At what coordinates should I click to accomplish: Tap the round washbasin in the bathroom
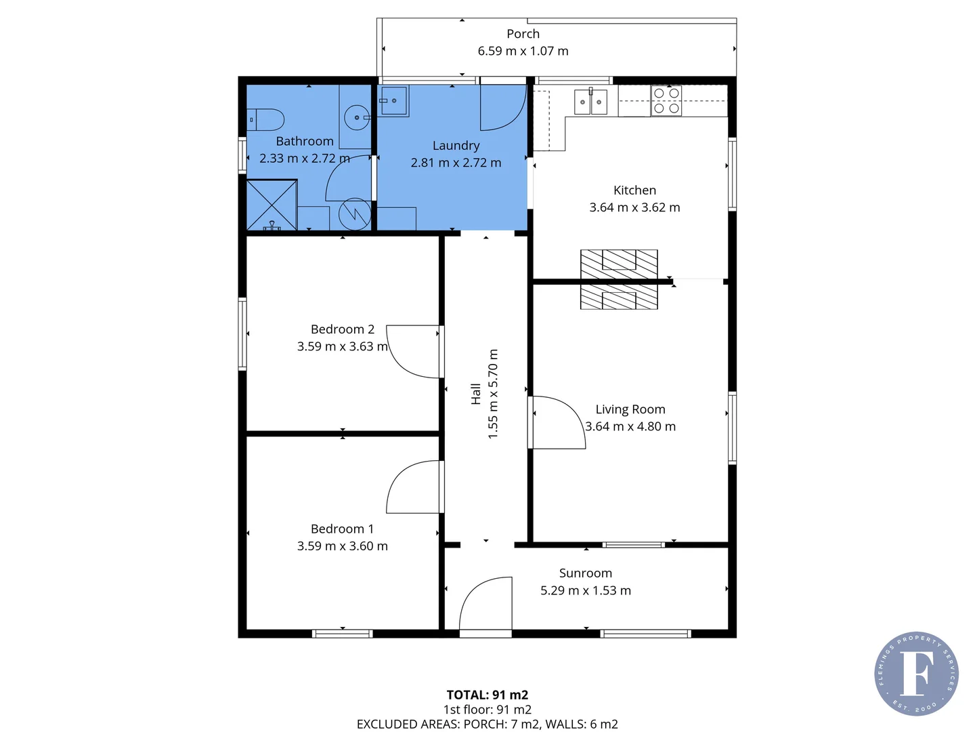pos(357,118)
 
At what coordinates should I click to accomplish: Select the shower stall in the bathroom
pos(272,205)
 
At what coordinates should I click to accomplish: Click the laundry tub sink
pos(393,101)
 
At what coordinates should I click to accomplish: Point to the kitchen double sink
pos(590,102)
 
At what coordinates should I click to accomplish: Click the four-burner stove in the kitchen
pos(666,101)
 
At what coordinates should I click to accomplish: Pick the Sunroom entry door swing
pos(485,605)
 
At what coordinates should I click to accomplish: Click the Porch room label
pos(523,34)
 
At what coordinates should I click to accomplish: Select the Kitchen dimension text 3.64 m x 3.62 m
pos(634,207)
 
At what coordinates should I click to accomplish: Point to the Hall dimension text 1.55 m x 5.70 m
pos(493,394)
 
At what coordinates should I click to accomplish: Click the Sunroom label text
pos(585,573)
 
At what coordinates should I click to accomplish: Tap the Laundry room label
pos(456,146)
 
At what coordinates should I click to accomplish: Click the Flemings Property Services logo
pos(916,673)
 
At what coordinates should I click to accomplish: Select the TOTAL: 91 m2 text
pos(487,695)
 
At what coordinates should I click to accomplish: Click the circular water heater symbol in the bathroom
pos(354,213)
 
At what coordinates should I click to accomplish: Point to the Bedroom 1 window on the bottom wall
pos(342,634)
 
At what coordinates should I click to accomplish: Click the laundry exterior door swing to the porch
pos(503,107)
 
